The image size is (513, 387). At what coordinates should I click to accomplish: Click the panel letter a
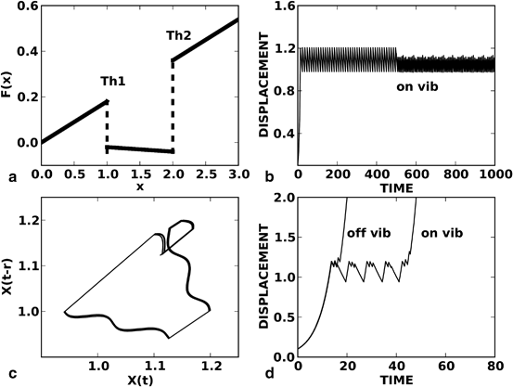[9, 176]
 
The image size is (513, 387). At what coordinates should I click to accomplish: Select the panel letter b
[268, 176]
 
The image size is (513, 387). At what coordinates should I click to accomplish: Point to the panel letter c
[9, 375]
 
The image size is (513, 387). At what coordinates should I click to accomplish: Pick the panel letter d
[268, 375]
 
